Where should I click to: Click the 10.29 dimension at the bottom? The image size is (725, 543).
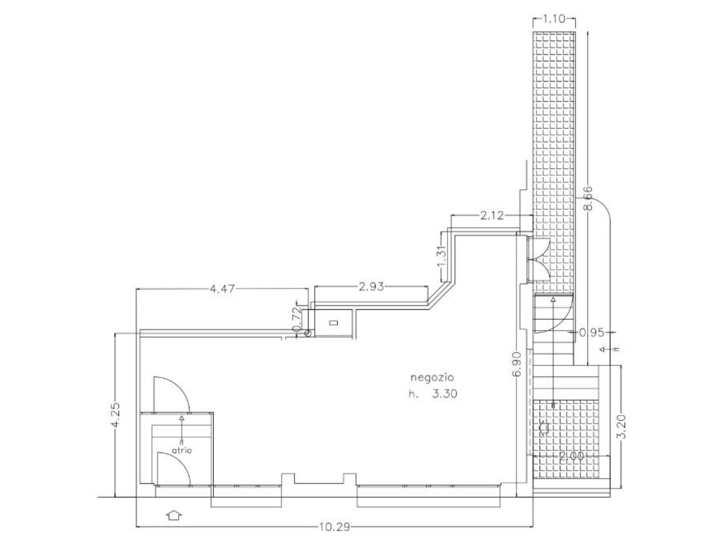click(x=334, y=527)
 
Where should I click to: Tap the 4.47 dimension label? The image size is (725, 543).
click(x=222, y=289)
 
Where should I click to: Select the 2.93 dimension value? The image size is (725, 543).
click(x=371, y=287)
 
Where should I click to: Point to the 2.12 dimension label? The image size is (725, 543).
click(x=492, y=215)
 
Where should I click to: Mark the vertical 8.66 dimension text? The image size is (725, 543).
click(x=588, y=198)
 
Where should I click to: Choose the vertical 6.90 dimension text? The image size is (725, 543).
click(x=517, y=364)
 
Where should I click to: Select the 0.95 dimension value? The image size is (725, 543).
click(x=592, y=333)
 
